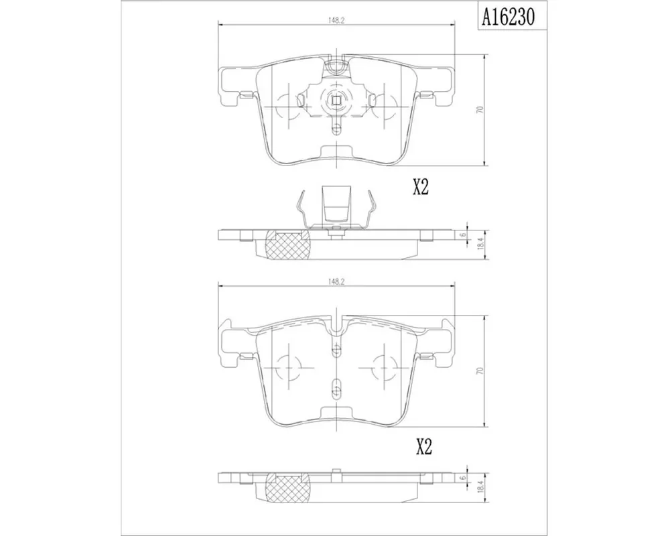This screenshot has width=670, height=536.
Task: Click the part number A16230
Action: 508,17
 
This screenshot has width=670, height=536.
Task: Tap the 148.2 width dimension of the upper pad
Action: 336,19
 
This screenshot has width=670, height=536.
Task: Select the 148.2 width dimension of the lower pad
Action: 336,281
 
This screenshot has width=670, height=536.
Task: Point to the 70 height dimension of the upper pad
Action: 480,109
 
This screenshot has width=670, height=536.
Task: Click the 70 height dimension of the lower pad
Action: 480,371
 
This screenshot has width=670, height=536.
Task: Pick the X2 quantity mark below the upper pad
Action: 421,187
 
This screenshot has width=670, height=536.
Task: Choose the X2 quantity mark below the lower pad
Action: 424,447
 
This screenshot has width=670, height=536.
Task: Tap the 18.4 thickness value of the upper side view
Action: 480,244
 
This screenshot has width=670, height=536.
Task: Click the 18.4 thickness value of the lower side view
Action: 480,487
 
